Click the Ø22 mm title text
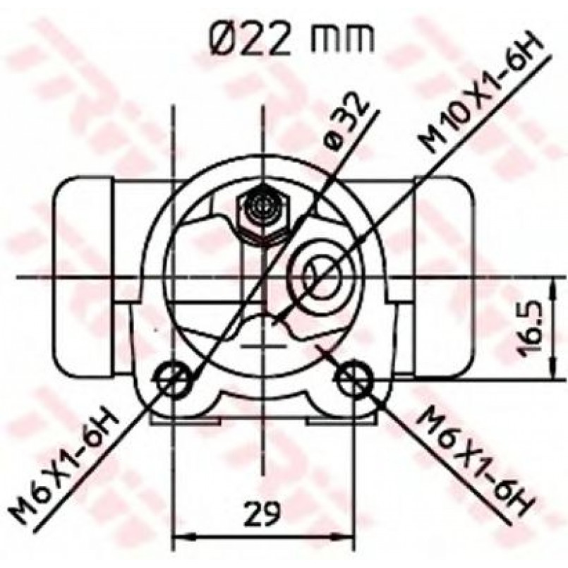coord(291,39)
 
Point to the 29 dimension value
coord(262,513)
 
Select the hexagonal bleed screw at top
coord(263,214)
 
